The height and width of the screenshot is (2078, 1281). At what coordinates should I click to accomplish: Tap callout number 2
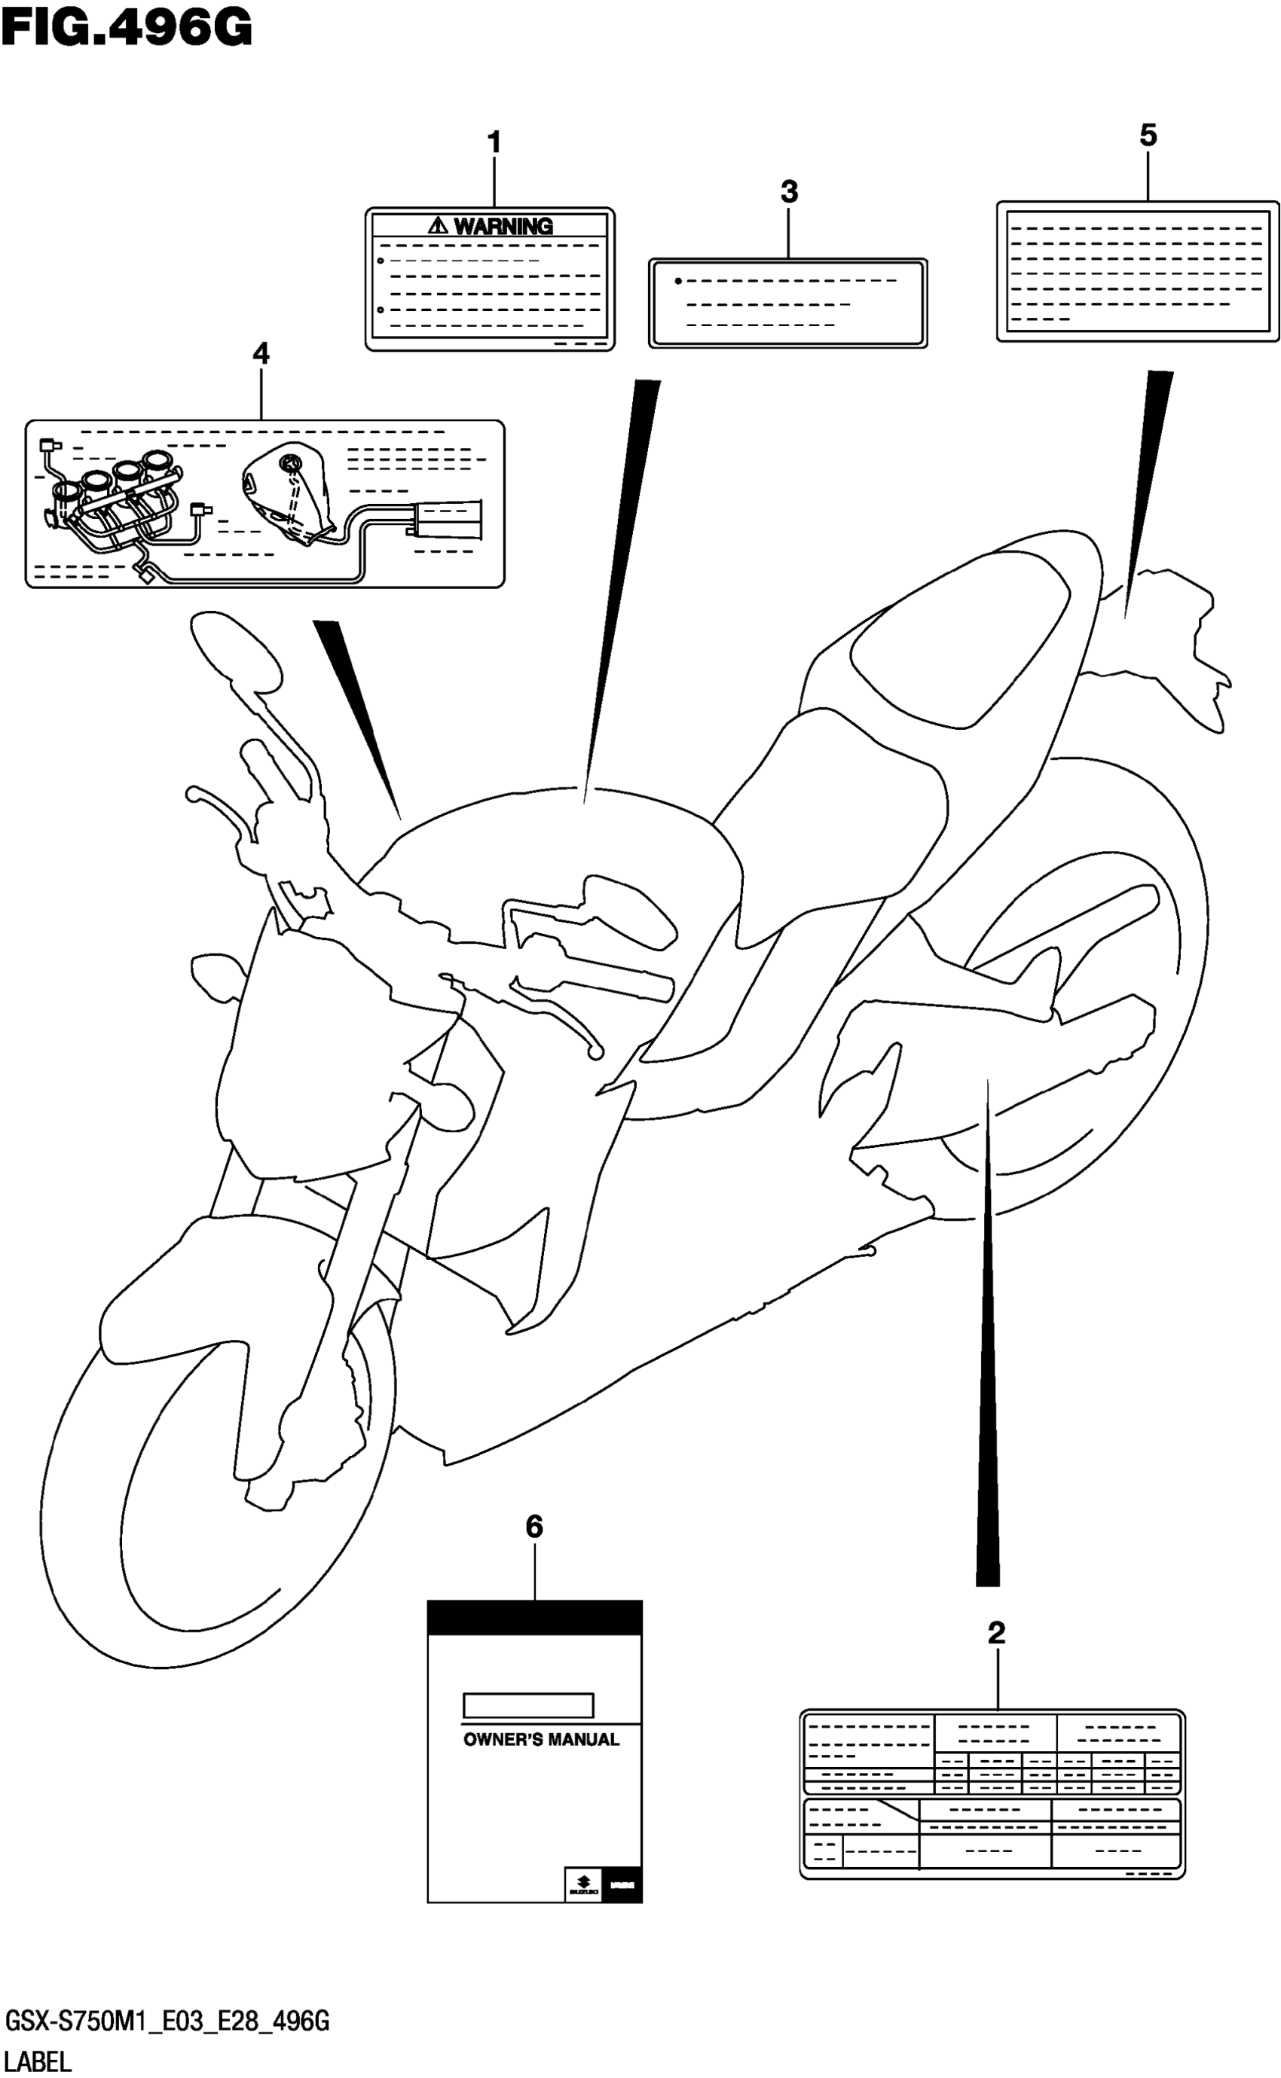996,1633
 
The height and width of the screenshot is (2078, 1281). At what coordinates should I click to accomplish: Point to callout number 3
789,192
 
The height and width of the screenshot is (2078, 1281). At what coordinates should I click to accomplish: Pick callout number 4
261,353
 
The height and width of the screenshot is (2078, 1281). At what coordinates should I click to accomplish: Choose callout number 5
1148,136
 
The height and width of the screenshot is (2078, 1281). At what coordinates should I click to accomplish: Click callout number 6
533,1527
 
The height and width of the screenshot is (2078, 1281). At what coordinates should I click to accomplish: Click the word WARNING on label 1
503,226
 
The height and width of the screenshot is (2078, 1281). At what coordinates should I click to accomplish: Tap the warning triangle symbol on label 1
437,225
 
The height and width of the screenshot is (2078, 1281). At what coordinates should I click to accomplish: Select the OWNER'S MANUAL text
540,1740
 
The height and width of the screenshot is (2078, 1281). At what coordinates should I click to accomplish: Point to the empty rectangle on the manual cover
527,1705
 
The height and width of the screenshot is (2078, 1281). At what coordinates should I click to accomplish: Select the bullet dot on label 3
677,280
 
